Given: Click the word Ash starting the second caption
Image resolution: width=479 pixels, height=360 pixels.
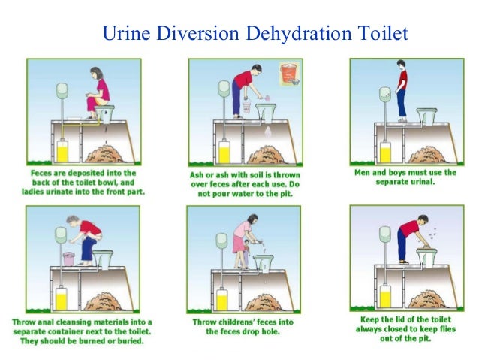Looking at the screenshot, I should [x=198, y=175].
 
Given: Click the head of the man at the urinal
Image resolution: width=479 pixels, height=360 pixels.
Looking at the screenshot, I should [x=402, y=65].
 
